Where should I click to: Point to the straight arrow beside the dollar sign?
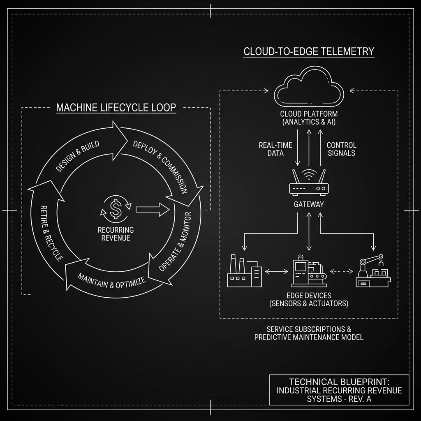click(153, 210)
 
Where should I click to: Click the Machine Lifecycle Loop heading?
click(116, 108)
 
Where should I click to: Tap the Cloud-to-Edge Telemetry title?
click(309, 51)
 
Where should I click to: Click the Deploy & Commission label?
click(161, 167)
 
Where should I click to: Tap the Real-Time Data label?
click(275, 149)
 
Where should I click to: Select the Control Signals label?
click(341, 149)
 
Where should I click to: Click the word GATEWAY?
click(309, 204)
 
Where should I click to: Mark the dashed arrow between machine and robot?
click(342, 271)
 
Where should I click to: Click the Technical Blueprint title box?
click(339, 390)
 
